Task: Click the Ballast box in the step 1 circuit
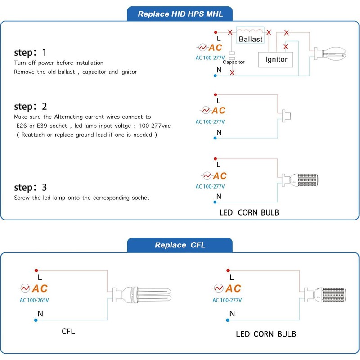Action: [251, 39]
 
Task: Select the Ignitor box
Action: [276, 59]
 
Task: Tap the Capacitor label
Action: [234, 62]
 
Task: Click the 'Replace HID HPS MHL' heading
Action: [180, 13]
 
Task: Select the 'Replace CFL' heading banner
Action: [180, 245]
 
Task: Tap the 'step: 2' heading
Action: [31, 107]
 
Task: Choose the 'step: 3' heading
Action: [31, 187]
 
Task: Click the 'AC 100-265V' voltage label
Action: [34, 300]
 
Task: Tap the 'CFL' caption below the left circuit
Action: [68, 332]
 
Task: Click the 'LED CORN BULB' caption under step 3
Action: [249, 212]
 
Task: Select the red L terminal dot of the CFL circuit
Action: [36, 270]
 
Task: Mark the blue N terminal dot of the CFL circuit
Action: [36, 320]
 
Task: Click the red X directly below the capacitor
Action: [232, 72]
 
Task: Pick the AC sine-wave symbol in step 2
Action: [206, 110]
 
